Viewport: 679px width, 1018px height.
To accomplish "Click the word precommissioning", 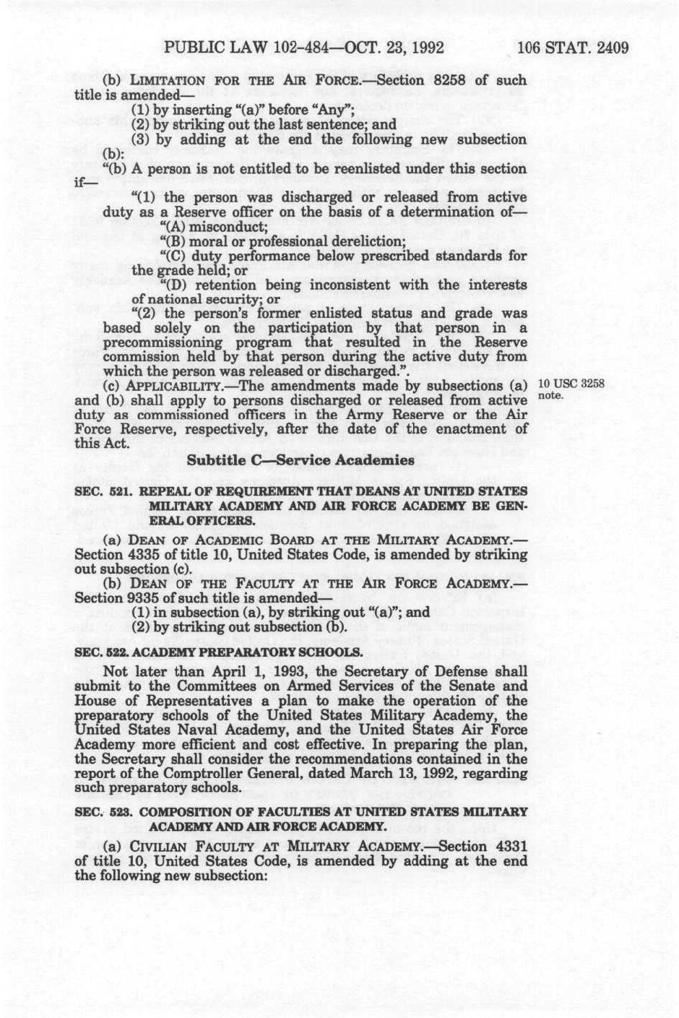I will [x=161, y=342].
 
